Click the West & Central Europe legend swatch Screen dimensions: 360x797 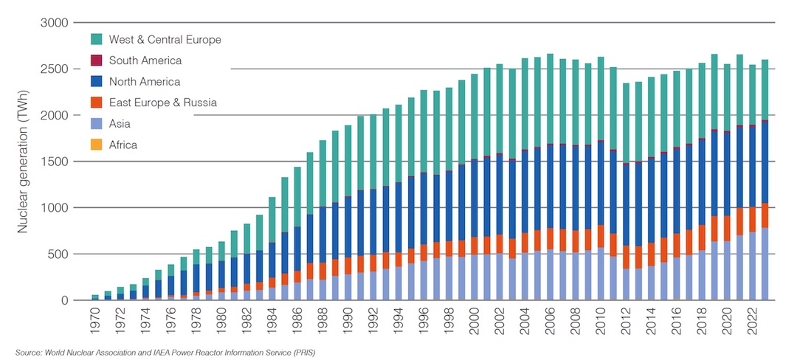(x=96, y=39)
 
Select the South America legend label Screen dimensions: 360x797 (x=145, y=60)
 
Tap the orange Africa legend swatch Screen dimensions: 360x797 (x=96, y=145)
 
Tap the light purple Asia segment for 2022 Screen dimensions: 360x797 (x=751, y=266)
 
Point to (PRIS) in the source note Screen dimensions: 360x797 (x=303, y=352)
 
